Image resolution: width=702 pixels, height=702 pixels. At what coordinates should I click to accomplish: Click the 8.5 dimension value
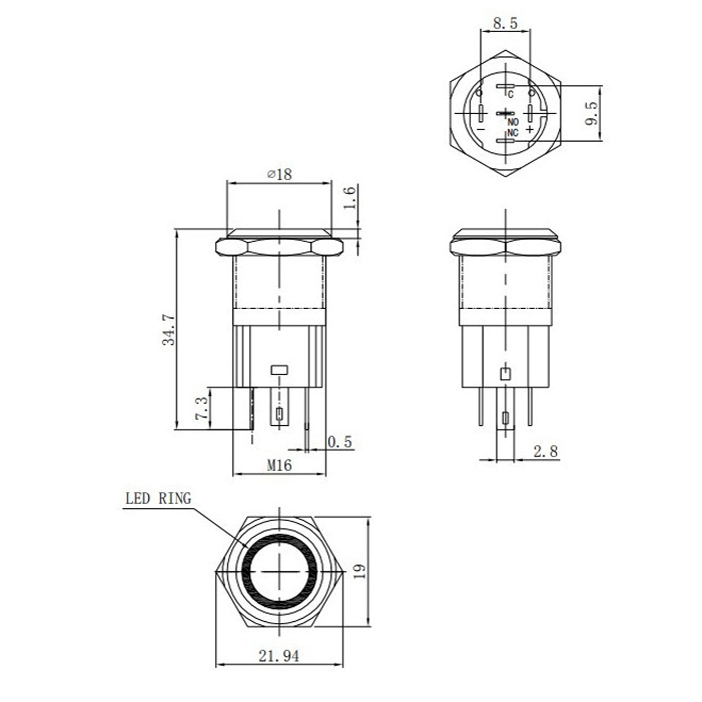pyautogui.click(x=505, y=24)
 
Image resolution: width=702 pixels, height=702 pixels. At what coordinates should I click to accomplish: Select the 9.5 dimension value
pyautogui.click(x=591, y=113)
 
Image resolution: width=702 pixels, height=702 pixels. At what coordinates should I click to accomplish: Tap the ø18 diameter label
pyautogui.click(x=279, y=174)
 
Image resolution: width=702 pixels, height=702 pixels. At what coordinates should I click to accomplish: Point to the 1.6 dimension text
pyautogui.click(x=349, y=198)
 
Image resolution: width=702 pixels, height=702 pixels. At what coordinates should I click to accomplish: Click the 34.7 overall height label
pyautogui.click(x=169, y=330)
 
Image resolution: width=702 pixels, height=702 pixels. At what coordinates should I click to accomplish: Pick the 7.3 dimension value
pyautogui.click(x=201, y=408)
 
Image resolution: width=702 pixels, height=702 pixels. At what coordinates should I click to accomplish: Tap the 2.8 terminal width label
pyautogui.click(x=545, y=452)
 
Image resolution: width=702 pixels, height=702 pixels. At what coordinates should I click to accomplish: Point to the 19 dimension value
pyautogui.click(x=359, y=571)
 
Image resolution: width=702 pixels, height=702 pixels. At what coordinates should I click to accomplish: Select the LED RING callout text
pyautogui.click(x=158, y=499)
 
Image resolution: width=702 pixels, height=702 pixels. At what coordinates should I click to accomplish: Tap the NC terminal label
pyautogui.click(x=512, y=133)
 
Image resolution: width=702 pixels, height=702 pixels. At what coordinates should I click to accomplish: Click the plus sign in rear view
pyautogui.click(x=530, y=129)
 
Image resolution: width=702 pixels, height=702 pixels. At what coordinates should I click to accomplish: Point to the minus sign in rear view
pyautogui.click(x=481, y=129)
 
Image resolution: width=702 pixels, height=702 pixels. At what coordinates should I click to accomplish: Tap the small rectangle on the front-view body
pyautogui.click(x=279, y=370)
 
